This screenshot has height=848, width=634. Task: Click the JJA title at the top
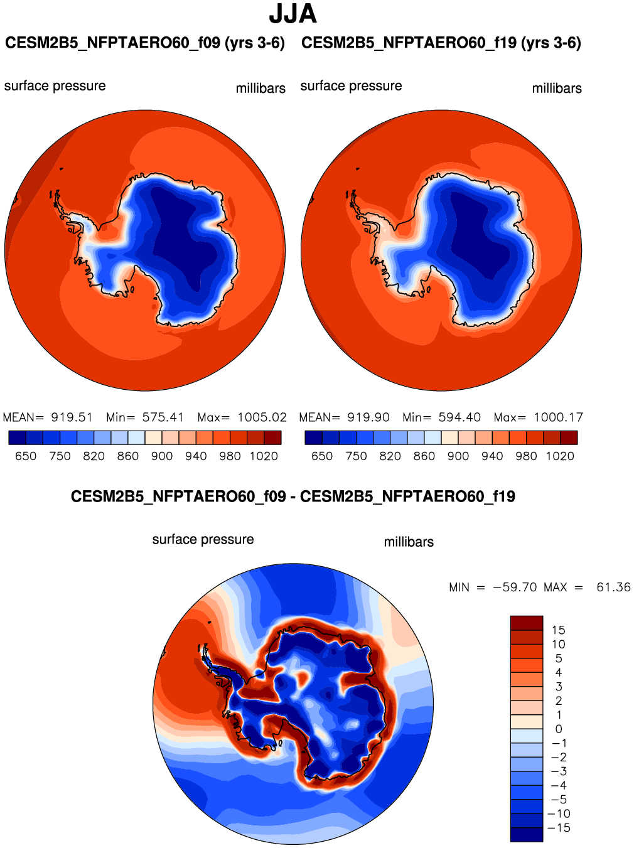coord(293,14)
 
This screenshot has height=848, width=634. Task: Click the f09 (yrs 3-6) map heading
coord(145,43)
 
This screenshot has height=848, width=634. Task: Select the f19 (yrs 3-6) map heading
coord(441,43)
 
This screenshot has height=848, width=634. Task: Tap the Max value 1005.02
coord(262,417)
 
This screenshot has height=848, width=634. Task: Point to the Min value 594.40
coord(459,417)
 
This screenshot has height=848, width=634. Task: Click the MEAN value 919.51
coord(72,417)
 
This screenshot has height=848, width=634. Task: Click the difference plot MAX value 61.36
coord(613,588)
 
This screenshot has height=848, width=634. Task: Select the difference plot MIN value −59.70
coord(515,588)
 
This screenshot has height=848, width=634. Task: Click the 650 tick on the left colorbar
coord(26,456)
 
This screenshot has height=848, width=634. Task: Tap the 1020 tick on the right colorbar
coord(560,456)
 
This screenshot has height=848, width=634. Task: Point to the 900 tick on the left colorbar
coord(162,456)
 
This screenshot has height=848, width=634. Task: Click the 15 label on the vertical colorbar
coord(559,630)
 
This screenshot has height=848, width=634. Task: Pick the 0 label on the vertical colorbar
coord(559,729)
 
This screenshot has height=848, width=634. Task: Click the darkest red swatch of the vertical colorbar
coord(526,623)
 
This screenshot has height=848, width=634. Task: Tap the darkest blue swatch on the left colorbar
coord(17,437)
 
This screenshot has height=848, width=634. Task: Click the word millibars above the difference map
coord(409,542)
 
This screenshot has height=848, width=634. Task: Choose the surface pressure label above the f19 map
coord(351,86)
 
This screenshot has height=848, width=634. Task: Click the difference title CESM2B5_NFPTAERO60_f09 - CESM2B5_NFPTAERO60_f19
coord(293,496)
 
